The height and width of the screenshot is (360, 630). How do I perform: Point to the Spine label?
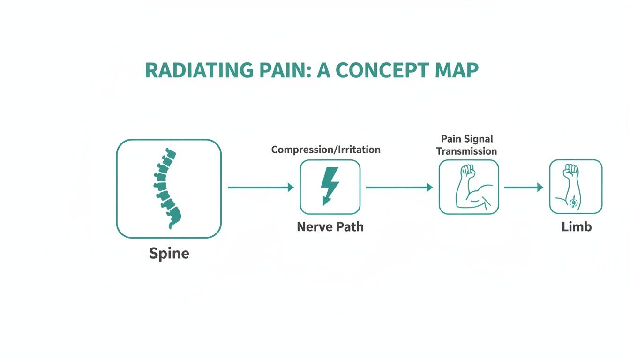(x=169, y=254)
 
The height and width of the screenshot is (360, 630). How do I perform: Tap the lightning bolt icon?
(x=330, y=186)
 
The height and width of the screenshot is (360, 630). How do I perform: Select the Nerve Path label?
(x=330, y=227)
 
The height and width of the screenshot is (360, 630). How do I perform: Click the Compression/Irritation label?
(x=326, y=150)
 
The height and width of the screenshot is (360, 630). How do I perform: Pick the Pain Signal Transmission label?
(x=467, y=145)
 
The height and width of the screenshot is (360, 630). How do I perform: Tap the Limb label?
(x=576, y=227)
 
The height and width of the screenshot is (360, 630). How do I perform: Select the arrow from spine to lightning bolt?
(x=261, y=187)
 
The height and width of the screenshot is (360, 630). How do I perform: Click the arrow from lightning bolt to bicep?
(x=399, y=187)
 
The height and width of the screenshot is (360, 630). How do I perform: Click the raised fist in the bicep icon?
(x=467, y=171)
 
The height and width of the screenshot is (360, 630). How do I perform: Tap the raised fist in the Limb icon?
(x=571, y=170)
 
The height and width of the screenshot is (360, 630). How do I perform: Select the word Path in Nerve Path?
(x=349, y=227)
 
